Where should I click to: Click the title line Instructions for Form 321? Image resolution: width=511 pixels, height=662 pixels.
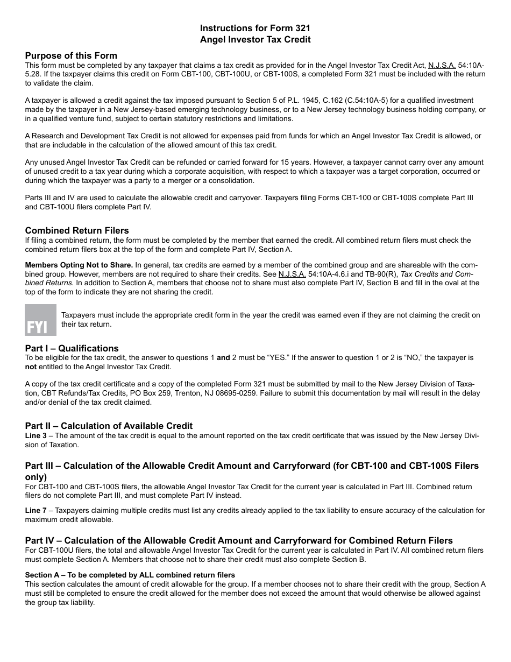[x=255, y=28]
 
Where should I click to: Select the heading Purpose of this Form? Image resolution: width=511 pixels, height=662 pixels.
[x=71, y=55]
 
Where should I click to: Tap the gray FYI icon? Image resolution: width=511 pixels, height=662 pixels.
[x=40, y=320]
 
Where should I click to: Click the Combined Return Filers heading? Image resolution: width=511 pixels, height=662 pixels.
[x=77, y=230]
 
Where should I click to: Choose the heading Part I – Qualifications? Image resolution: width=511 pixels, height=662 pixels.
[x=72, y=348]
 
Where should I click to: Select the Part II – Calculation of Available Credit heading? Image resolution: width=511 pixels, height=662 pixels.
[x=109, y=426]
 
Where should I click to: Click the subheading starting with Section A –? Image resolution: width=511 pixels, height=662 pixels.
[x=130, y=575]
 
